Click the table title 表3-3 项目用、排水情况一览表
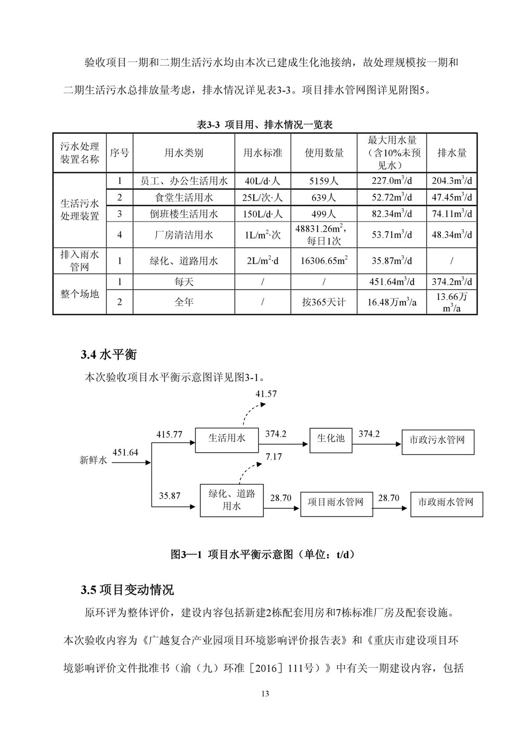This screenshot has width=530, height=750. coord(264,125)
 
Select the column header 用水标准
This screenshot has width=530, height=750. coord(262,153)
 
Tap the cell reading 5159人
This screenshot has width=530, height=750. coord(324,181)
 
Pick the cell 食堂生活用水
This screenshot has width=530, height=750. coord(184,198)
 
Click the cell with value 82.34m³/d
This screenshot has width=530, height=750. coord(392,214)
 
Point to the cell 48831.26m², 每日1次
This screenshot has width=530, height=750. coord(324,234)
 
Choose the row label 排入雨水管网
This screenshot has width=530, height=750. coord(79,261)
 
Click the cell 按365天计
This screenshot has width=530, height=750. coord(324,302)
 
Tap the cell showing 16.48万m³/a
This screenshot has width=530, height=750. coord(392,302)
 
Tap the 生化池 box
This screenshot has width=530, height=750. coord(331,439)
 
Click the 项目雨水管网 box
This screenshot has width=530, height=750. coord(335,502)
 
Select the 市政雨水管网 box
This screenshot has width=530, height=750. coord(446,502)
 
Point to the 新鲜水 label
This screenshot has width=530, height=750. coord(93,461)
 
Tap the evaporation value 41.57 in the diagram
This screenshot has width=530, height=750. coord(266,394)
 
